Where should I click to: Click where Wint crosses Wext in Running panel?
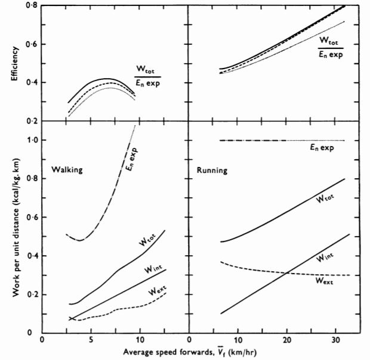288,274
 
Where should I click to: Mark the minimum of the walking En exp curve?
79,240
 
